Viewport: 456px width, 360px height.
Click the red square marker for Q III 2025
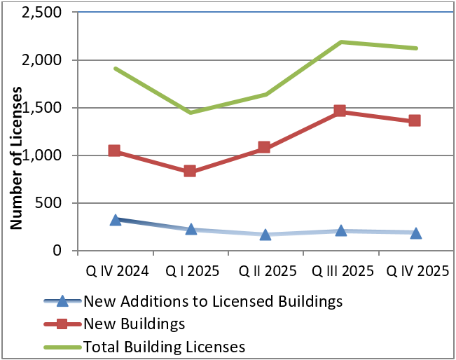point(340,111)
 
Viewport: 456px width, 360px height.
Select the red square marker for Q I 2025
point(190,171)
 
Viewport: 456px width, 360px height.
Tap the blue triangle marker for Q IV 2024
point(116,220)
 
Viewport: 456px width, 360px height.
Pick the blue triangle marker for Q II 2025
point(265,234)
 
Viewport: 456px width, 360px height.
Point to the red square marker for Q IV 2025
point(415,120)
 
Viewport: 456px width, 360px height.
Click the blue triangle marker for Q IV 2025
point(415,233)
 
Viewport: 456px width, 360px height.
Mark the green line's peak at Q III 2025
point(340,42)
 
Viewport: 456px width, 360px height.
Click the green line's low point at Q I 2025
point(190,112)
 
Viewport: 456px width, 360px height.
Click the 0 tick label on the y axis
point(62,251)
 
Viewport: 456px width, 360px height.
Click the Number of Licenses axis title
point(18,158)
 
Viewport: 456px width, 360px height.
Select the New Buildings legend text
point(134,324)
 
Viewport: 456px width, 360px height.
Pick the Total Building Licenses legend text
point(164,345)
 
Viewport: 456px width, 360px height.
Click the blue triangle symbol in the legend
point(62,302)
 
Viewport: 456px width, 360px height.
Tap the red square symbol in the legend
point(62,324)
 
